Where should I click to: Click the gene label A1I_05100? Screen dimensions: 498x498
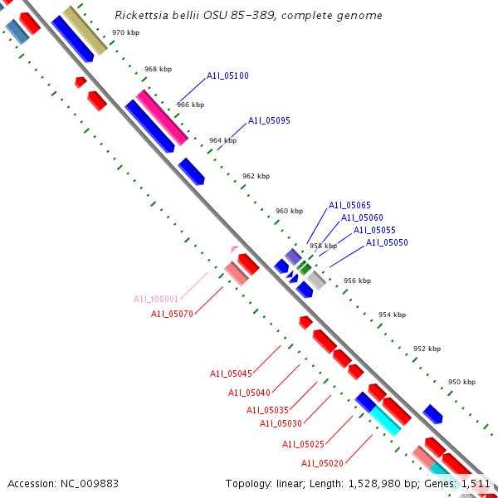227,76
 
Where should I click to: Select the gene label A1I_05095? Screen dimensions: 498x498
269,121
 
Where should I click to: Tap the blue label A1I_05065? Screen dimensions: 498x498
349,205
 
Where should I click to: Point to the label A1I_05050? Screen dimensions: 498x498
387,242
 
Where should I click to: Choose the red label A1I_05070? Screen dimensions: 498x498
172,314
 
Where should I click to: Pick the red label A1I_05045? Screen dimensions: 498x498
231,373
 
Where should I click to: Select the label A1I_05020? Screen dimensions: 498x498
322,463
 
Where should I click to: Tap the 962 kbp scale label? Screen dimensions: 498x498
256,176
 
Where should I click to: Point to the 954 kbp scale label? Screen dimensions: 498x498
392,315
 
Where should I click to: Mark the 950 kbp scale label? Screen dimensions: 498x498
461,383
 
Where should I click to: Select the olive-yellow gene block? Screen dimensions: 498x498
85,31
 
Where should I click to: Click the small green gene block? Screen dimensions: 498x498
305,268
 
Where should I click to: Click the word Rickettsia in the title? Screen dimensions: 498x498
139,16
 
